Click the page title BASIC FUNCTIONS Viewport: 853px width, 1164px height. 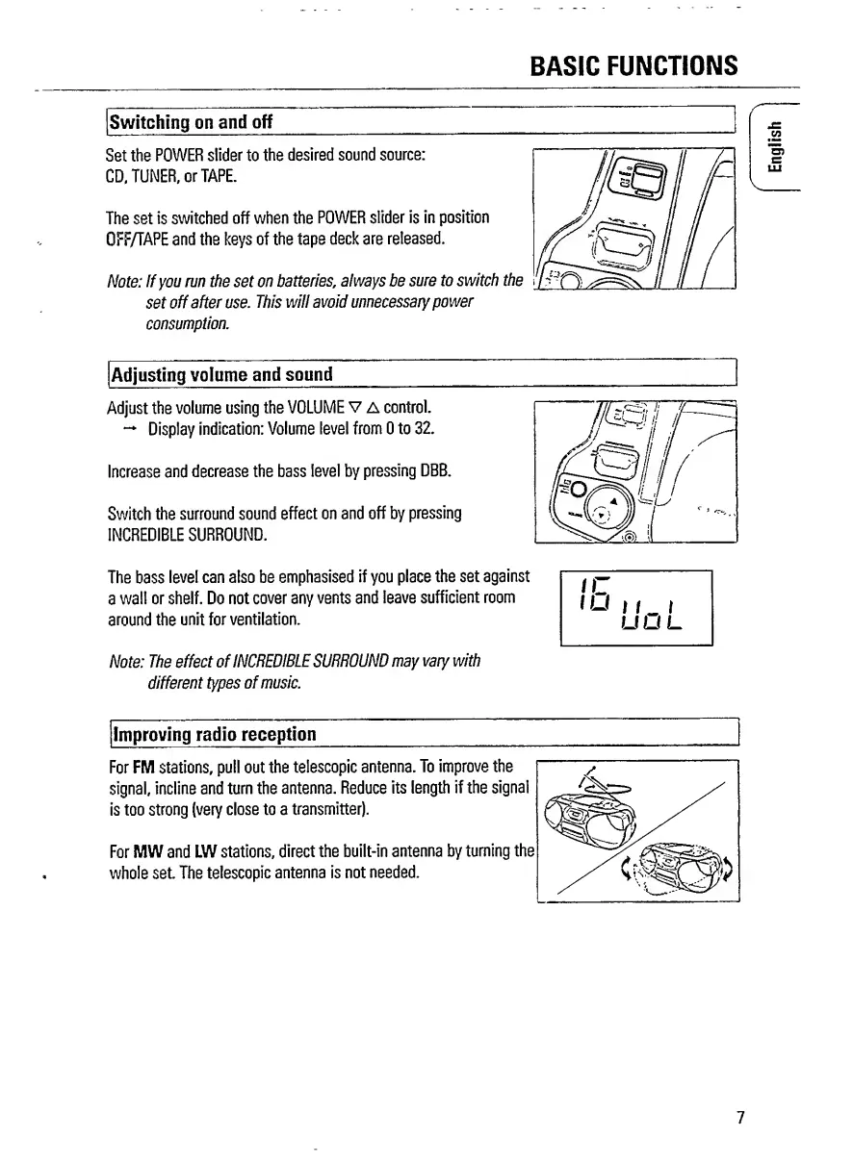coord(633,64)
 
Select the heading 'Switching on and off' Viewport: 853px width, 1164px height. coord(191,122)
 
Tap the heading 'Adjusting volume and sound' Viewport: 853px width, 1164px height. coord(221,373)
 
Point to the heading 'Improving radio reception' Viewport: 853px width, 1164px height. coord(214,734)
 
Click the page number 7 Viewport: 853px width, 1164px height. coord(739,1117)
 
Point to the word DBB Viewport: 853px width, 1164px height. coord(434,472)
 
